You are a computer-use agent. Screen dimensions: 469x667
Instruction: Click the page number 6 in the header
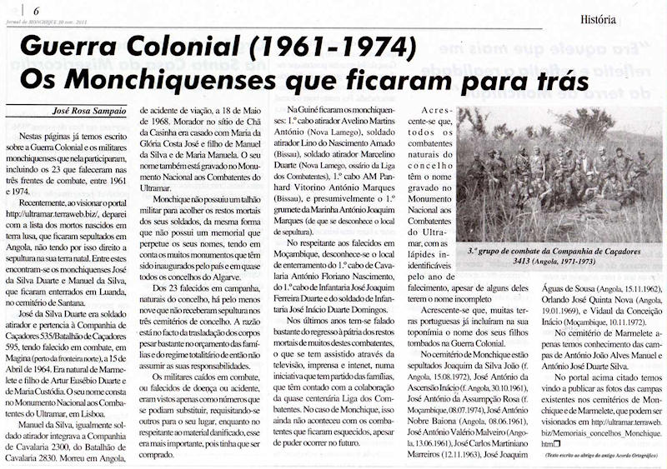(x=36, y=9)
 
